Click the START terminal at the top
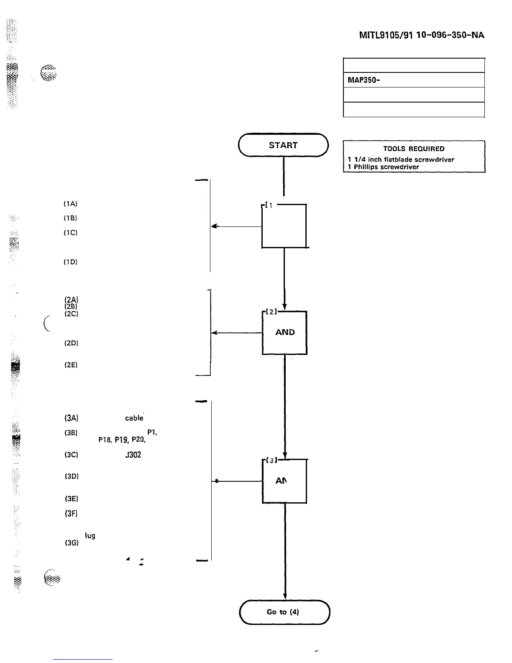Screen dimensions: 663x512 pos(283,145)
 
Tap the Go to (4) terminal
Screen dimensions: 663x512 pos(284,612)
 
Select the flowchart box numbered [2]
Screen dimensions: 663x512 pos(284,333)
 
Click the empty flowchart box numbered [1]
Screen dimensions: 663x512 pos(284,226)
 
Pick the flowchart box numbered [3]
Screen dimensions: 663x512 pos(284,481)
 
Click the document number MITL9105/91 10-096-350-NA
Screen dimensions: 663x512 pos(422,35)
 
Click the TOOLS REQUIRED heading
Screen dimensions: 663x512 pos(414,149)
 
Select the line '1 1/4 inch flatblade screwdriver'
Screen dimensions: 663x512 pos(401,159)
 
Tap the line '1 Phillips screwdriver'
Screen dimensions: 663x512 pos(383,167)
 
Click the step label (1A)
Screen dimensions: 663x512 pos(70,204)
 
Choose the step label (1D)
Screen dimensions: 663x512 pos(70,262)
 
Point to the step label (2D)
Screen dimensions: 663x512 pos(71,343)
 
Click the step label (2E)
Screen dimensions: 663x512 pos(70,365)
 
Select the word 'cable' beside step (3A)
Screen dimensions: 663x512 pos(134,418)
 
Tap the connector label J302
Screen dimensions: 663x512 pos(133,455)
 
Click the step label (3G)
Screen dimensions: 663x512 pos(71,544)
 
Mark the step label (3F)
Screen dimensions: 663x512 pos(70,513)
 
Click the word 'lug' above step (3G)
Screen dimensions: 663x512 pos(90,536)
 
